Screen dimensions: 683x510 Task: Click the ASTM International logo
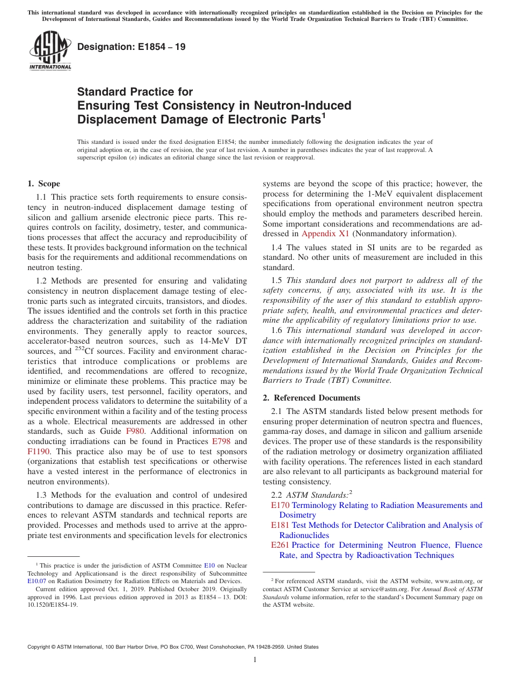[x=50, y=51]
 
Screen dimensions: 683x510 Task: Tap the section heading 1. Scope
[x=43, y=184]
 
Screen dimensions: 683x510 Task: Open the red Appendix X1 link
[x=325, y=234]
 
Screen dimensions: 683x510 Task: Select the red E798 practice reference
[x=222, y=441]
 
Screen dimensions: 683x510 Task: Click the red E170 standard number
[x=280, y=505]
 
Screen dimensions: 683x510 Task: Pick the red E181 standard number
[x=280, y=525]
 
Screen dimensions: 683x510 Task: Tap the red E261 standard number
[x=280, y=545]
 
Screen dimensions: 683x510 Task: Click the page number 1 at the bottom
[x=255, y=660]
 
